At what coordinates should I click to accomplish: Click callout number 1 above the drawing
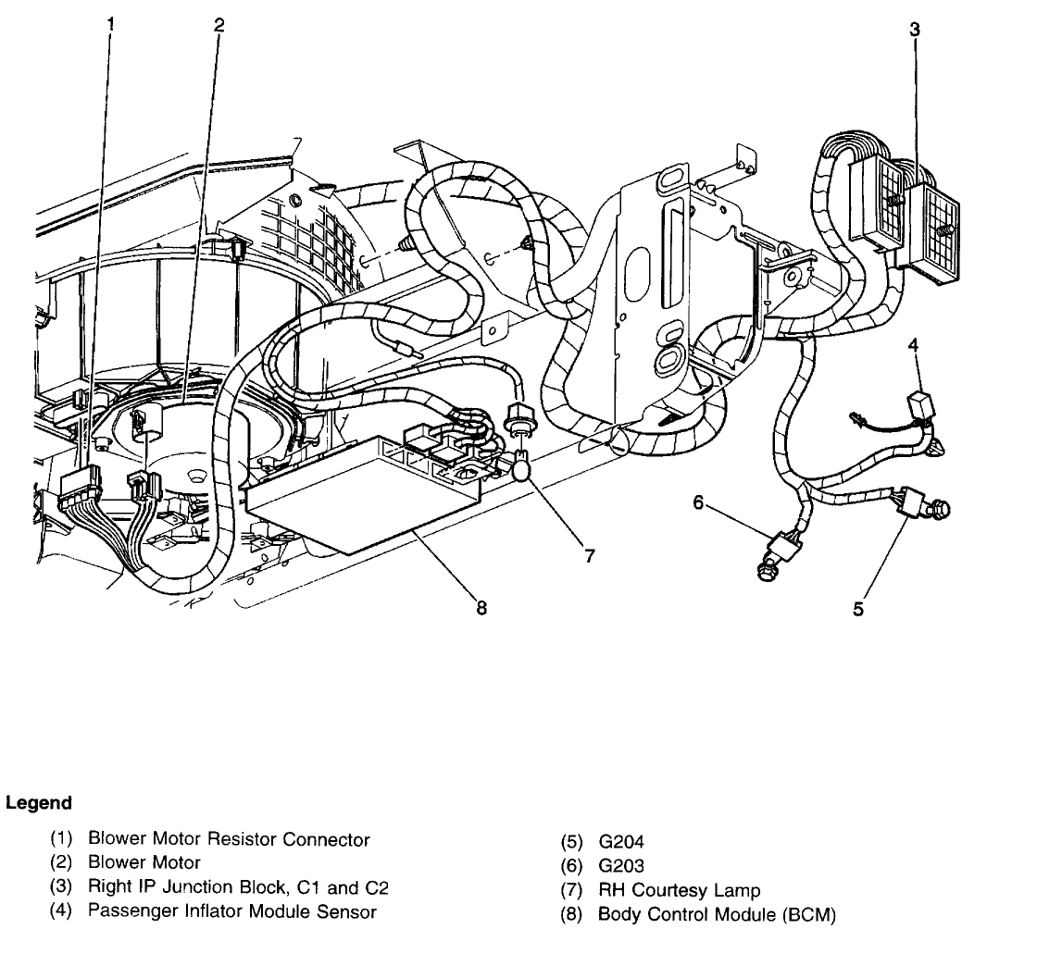click(111, 25)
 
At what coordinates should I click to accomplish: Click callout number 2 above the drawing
click(219, 25)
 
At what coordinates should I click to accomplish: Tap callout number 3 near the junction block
click(914, 29)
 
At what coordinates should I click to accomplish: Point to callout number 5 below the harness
click(857, 609)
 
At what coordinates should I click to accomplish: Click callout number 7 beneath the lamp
click(590, 556)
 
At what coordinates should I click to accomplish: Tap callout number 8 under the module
click(481, 609)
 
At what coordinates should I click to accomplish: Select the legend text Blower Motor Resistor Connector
click(229, 840)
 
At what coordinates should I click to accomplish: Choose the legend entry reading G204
click(622, 843)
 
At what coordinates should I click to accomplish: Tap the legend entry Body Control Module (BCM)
click(717, 915)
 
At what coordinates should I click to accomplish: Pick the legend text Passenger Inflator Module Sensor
click(231, 911)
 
